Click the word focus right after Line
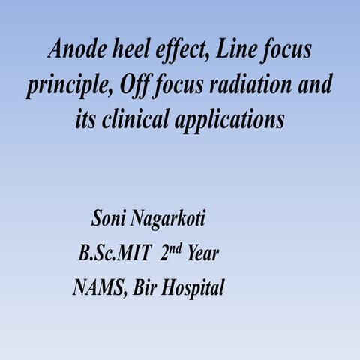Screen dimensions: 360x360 coord(284,50)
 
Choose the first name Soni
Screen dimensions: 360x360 coord(108,220)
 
